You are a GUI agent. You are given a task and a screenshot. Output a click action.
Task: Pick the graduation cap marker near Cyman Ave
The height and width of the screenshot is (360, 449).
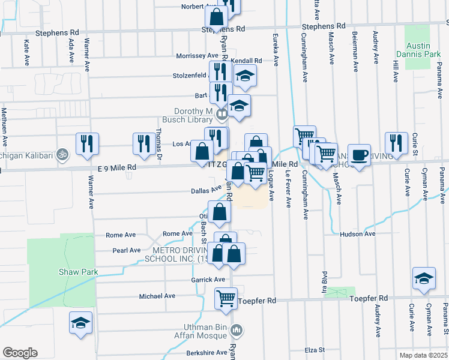pos(424,278)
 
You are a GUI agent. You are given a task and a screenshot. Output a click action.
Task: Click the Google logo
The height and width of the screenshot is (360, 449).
pos(20,352)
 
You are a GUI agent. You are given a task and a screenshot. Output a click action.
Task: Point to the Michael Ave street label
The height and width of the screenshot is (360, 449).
pos(157,296)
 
